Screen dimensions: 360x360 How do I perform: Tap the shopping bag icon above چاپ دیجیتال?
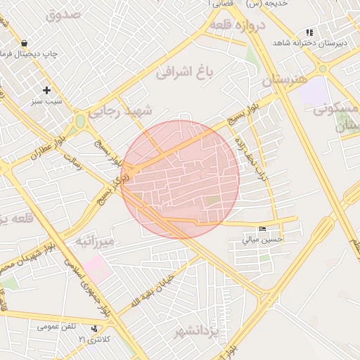(25, 43)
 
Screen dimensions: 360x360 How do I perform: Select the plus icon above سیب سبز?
(47, 90)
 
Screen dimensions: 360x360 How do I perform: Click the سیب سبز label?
(47, 102)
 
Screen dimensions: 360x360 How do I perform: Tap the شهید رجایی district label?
(128, 112)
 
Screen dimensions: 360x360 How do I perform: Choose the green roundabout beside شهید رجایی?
(80, 121)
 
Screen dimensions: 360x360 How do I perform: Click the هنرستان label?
(285, 79)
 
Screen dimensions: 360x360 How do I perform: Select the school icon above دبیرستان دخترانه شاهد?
(308, 32)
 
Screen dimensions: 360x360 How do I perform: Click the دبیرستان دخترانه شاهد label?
(321, 44)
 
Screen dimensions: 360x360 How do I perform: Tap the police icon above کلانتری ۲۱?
(94, 328)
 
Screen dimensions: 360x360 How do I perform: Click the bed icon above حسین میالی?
(262, 229)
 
